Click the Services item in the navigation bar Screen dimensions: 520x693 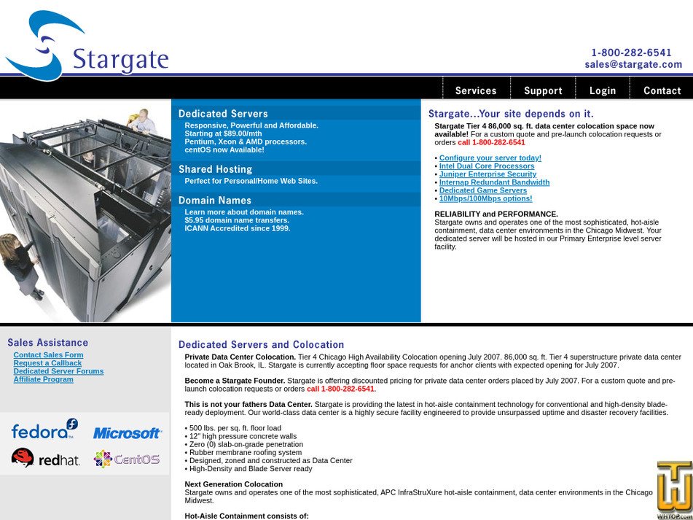point(475,90)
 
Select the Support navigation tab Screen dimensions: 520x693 point(543,90)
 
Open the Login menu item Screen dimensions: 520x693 point(603,90)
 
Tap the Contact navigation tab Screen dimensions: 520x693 point(662,90)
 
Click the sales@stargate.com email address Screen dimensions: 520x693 point(633,64)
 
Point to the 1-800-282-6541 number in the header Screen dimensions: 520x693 point(631,53)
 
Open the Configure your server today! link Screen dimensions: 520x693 point(490,158)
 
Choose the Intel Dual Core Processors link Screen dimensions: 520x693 point(487,166)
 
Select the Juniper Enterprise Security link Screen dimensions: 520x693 point(488,174)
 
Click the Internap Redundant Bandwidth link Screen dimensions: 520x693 point(494,182)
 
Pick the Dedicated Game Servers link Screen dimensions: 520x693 point(482,190)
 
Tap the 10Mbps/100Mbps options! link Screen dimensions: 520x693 point(485,198)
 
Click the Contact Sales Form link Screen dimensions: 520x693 point(48,355)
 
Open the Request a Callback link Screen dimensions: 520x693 point(47,363)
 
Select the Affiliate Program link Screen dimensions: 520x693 point(43,379)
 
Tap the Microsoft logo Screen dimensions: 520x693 point(127,433)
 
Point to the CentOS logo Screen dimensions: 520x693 point(127,459)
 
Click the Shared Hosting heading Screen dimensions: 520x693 point(215,169)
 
